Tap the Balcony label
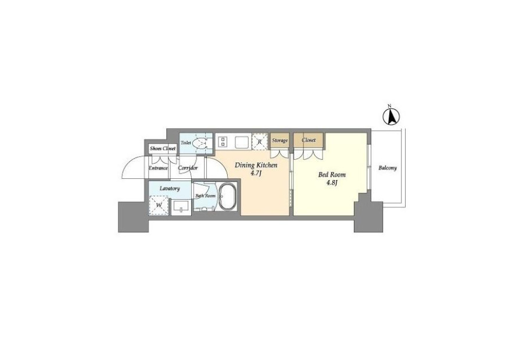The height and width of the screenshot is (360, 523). coord(387,168)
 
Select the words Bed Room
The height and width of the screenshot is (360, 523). coord(332,174)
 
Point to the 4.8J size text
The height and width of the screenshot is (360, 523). coord(332,183)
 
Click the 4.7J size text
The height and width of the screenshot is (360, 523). coord(256,174)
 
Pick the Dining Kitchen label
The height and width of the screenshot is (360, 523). coord(256,165)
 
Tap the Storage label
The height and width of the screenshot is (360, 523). coord(280,141)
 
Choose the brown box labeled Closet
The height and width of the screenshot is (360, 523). coord(308,141)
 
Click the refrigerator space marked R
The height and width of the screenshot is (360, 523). coord(260,142)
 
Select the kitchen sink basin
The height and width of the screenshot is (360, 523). coord(242,142)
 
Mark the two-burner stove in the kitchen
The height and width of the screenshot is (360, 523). coord(223,141)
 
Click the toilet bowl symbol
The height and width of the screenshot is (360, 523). coord(200,143)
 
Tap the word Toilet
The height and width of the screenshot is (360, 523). coord(186,143)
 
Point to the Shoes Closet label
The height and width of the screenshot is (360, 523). coord(163,148)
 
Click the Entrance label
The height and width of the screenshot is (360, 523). coord(158,168)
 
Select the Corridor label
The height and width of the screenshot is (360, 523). coord(188,168)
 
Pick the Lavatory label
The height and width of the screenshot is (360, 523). coord(170,188)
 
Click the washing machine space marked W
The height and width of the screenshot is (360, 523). coord(159,206)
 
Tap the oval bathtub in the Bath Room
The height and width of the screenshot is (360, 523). coord(227,197)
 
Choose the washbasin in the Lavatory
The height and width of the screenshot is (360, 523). coord(181,206)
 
